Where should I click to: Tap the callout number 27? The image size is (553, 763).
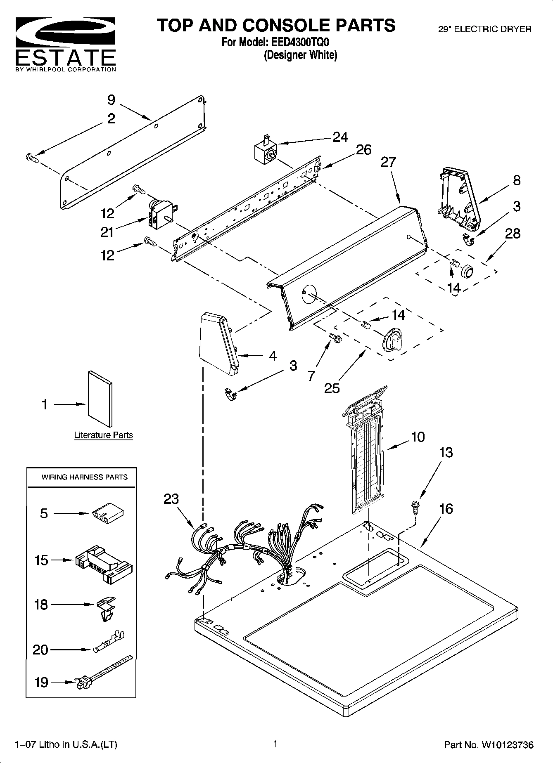[x=388, y=162]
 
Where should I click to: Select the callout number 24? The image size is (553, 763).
[x=340, y=137]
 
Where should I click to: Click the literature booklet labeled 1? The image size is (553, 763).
[x=100, y=398]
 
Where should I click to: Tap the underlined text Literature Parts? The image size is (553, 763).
[x=103, y=435]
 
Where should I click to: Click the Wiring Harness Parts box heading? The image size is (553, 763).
[x=84, y=477]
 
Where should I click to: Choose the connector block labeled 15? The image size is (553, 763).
[x=104, y=563]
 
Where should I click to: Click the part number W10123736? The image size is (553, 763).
[x=506, y=745]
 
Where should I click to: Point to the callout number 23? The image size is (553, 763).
[x=171, y=499]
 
